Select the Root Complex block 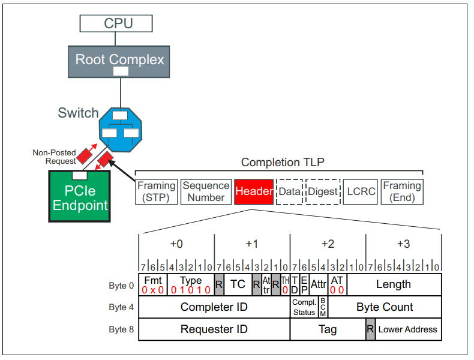(119, 60)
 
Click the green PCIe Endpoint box (80, 196)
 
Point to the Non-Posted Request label (55, 157)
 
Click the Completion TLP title (278, 163)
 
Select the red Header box (254, 192)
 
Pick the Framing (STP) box (156, 192)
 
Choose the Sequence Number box (206, 192)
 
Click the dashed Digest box (323, 192)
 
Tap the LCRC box (360, 192)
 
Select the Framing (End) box (402, 192)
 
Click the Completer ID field (214, 307)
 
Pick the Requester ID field (214, 329)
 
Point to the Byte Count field (385, 307)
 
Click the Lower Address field (408, 329)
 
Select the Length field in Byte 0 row (394, 284)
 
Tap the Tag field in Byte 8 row (328, 329)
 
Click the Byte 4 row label (118, 307)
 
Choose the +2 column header (328, 244)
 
